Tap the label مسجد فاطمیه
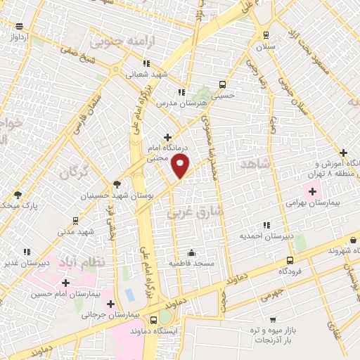pos(191,263)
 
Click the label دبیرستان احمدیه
pos(262,237)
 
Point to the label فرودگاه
pos(290,271)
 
